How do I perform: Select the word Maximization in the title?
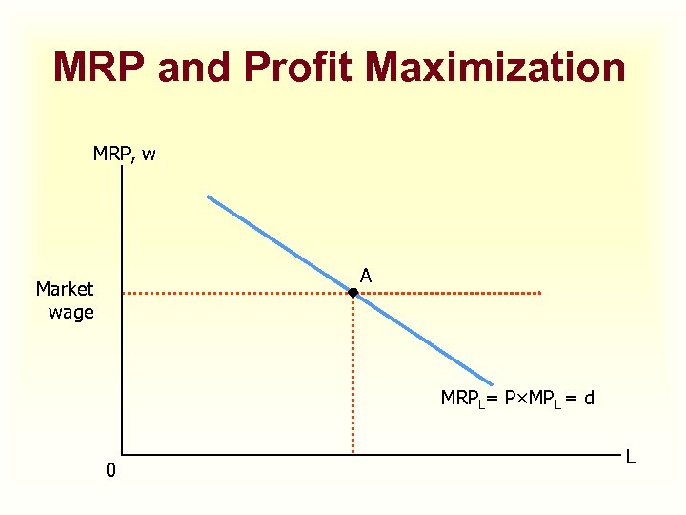coord(495,69)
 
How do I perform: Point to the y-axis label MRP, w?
coord(125,153)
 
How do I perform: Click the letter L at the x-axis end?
coord(630,458)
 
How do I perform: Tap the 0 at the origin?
coord(111,470)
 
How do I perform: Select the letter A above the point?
coord(366,276)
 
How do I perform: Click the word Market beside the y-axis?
coord(65,289)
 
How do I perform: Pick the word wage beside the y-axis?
coord(71,311)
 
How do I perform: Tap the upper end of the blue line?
coord(209,197)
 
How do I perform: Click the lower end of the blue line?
coord(493,383)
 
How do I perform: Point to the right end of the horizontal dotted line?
coord(540,293)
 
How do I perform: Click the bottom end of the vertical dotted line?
coord(353,451)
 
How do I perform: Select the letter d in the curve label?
coord(589,398)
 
